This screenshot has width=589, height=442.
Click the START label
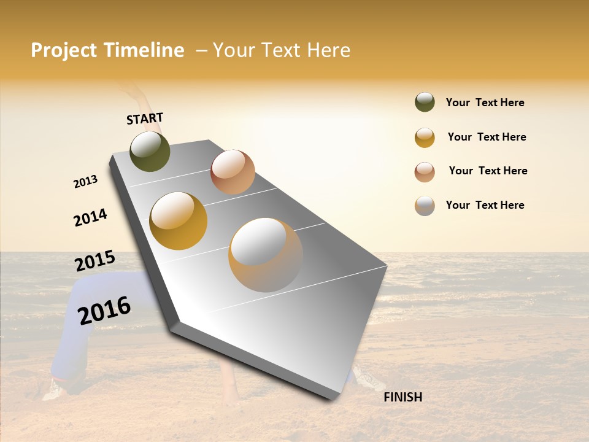tap(145, 118)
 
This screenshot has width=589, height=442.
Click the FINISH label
tap(402, 397)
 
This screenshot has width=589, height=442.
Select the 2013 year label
tap(85, 182)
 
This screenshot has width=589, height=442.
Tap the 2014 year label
tap(90, 217)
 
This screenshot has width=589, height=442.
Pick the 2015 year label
tap(94, 260)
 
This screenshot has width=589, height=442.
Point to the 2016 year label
tap(104, 310)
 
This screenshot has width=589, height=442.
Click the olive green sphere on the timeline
tap(150, 151)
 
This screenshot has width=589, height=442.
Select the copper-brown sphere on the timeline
tap(233, 172)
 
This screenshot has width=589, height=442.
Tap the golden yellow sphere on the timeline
tap(179, 220)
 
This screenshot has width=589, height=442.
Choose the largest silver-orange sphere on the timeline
tap(266, 255)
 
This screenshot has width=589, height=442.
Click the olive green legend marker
tap(425, 103)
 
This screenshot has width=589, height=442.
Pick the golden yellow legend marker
tap(425, 138)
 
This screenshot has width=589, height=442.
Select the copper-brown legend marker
tap(425, 172)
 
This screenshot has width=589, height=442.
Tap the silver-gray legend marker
tap(425, 206)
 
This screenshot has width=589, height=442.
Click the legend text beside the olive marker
tap(485, 103)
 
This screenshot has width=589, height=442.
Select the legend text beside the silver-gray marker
tap(485, 205)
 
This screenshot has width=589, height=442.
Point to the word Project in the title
tap(64, 50)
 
